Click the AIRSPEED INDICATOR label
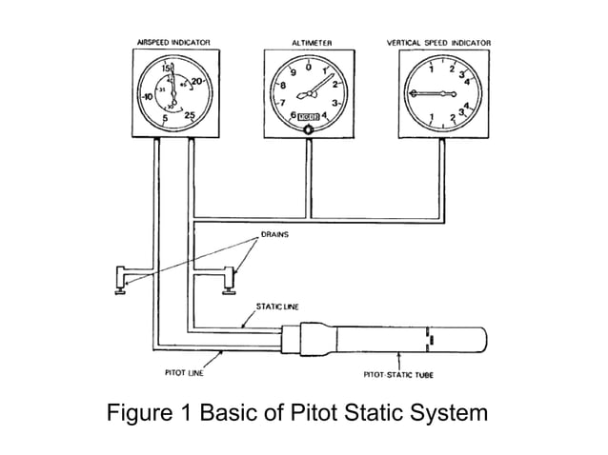pos(172,43)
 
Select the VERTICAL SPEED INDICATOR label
pos(439,43)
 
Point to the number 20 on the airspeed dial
pos(197,82)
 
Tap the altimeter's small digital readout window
pos(307,117)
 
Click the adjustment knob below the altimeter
pos(307,132)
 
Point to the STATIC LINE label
pos(272,307)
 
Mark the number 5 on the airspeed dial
pos(165,119)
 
